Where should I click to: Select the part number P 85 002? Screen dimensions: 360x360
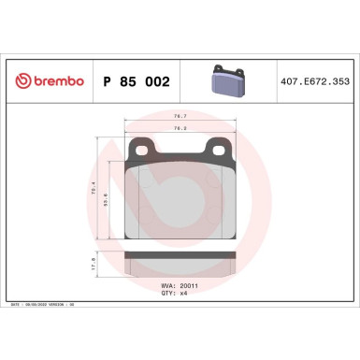point(133,81)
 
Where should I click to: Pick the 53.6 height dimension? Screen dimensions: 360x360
point(113,198)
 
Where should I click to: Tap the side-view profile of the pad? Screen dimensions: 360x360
point(179,264)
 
